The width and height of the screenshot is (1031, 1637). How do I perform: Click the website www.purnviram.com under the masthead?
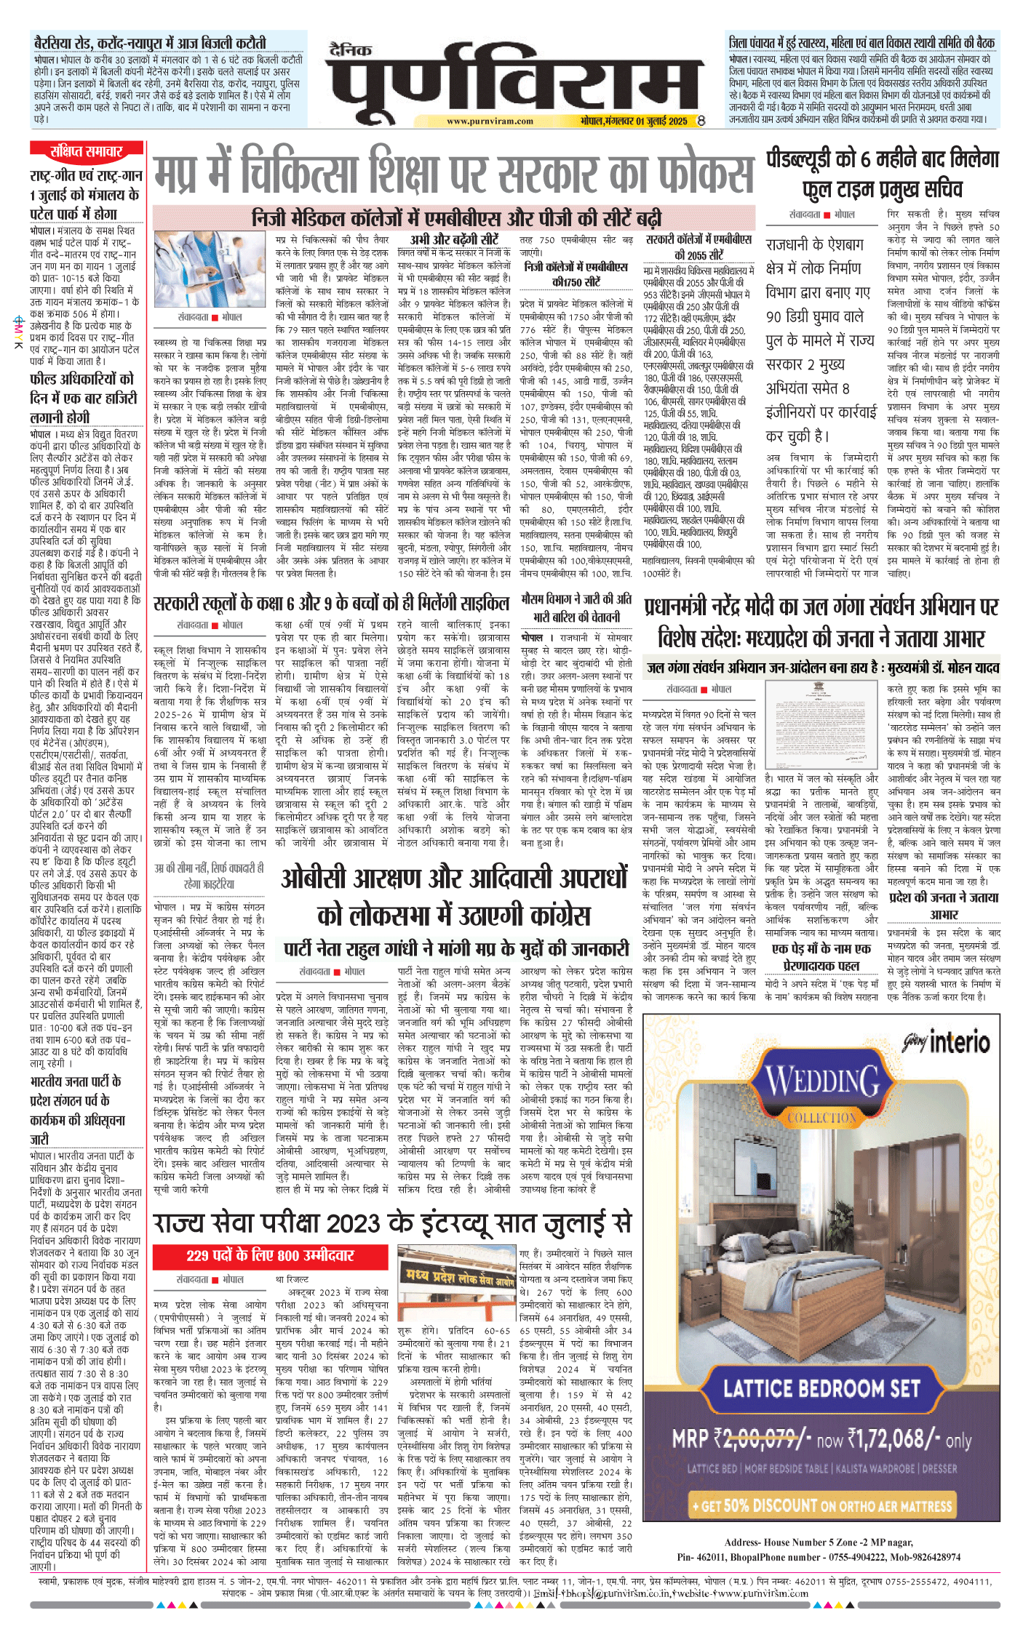pyautogui.click(x=490, y=121)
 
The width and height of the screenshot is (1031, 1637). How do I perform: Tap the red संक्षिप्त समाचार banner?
pyautogui.click(x=86, y=151)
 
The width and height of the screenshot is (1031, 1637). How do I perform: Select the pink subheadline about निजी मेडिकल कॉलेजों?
pyautogui.click(x=456, y=217)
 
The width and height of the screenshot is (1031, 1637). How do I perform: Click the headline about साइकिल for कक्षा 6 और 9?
pyautogui.click(x=331, y=603)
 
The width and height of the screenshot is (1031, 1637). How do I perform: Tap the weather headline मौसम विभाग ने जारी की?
pyautogui.click(x=576, y=607)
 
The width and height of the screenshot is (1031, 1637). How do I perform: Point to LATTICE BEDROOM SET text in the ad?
pyautogui.click(x=821, y=1388)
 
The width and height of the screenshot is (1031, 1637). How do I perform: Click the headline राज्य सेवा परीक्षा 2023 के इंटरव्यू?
pyautogui.click(x=392, y=1224)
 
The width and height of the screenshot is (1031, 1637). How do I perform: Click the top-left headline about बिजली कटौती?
pyautogui.click(x=150, y=43)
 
